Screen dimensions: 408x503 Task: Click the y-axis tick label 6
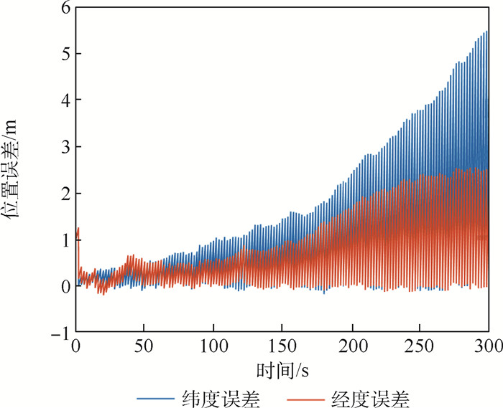[65, 8]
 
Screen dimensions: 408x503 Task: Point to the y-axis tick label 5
[65, 54]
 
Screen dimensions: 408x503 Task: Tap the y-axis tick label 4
[65, 100]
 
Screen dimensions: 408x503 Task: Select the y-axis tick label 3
[65, 147]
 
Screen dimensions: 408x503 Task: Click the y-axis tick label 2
[65, 194]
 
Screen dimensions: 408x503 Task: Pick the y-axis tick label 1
[65, 240]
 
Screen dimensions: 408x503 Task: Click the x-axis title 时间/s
[282, 370]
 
